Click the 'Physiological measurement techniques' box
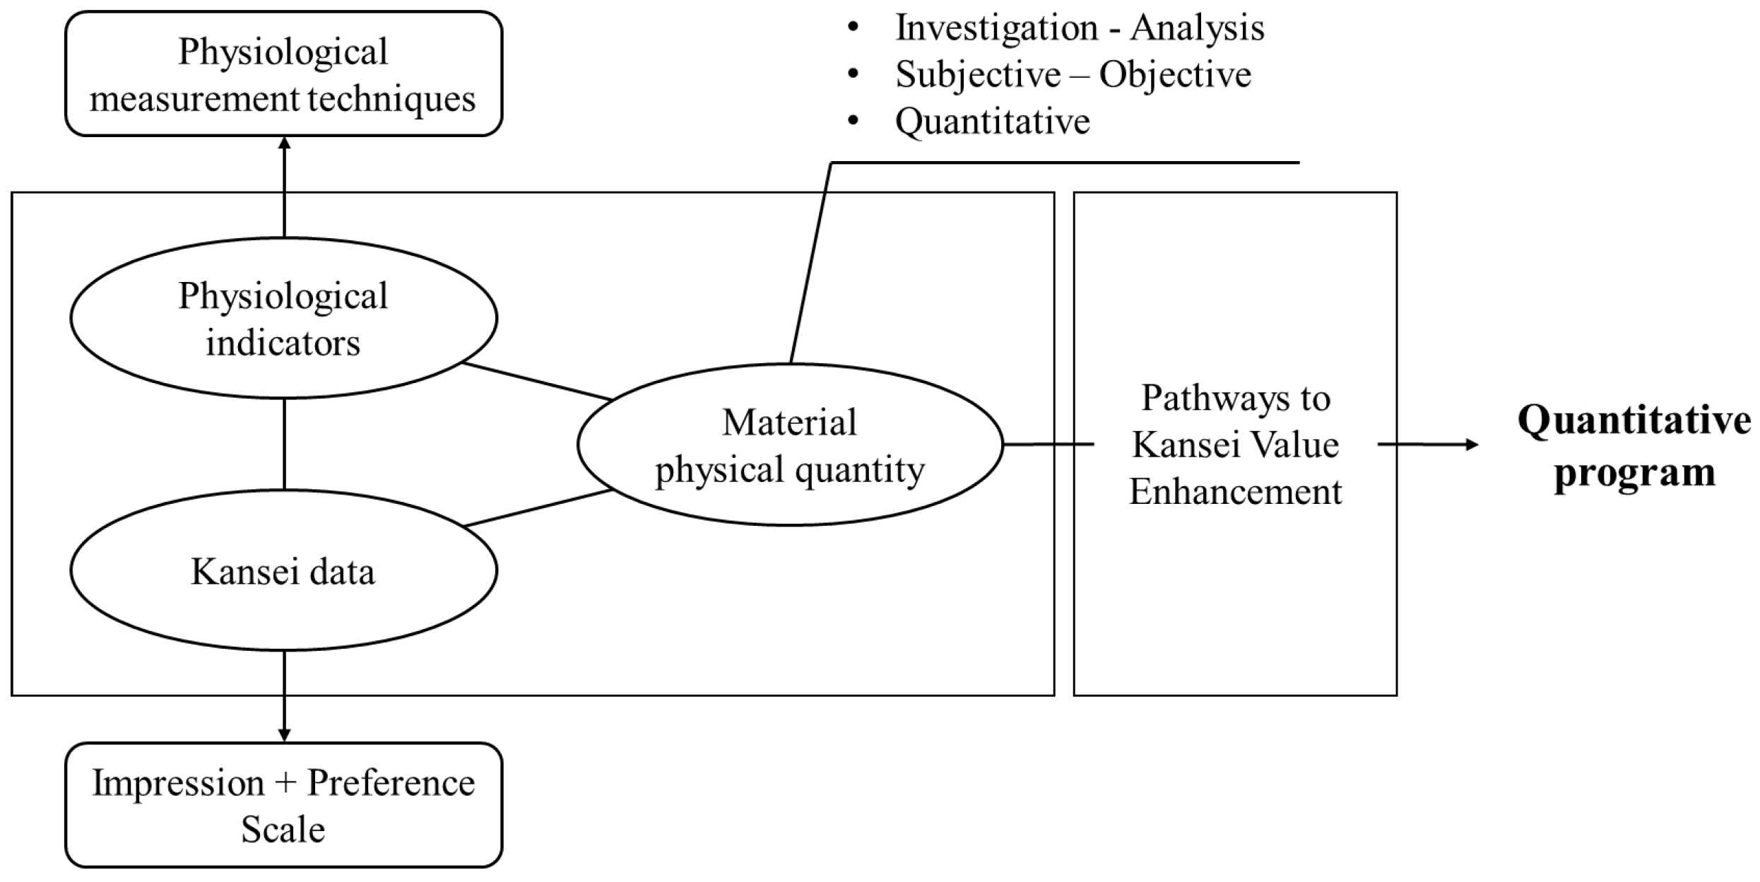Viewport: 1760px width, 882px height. point(283,74)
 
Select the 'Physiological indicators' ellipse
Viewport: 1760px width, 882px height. point(283,318)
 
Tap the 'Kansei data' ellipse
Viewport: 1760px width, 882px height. point(283,571)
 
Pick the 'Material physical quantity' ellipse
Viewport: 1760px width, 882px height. point(790,445)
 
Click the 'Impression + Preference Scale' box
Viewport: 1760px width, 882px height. point(283,806)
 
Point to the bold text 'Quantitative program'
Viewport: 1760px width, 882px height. point(1634,445)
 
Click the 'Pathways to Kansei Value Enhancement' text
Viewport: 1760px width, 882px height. point(1235,445)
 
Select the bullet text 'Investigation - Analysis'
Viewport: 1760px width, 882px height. point(1080,28)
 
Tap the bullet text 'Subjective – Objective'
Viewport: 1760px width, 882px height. point(1073,75)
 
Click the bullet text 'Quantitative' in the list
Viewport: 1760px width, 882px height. point(992,122)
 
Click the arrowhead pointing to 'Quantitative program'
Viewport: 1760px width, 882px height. point(1471,445)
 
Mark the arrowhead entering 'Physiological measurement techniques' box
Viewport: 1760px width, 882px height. point(284,143)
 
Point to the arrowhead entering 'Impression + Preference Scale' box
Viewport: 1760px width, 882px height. point(284,735)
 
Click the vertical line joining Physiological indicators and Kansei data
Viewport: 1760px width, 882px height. point(284,444)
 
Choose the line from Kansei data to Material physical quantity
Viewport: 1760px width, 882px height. point(537,508)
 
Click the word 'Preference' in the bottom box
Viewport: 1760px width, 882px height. point(391,783)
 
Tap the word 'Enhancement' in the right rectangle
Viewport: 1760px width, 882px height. point(1235,492)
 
